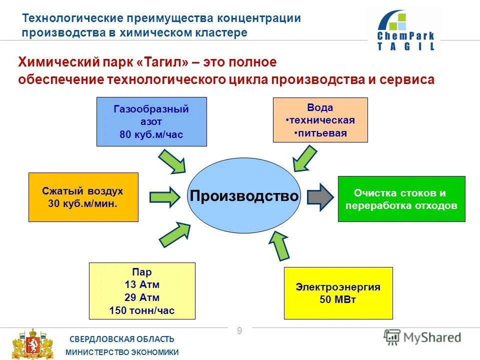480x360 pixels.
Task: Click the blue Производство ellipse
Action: click(243, 195)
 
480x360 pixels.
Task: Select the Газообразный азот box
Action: click(151, 121)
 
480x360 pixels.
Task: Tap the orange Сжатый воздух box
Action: click(83, 197)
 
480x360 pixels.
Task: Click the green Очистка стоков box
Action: click(401, 198)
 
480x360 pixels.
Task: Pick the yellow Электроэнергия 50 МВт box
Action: click(338, 293)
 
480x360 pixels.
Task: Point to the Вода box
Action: click(320, 120)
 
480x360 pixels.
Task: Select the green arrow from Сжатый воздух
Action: click(164, 196)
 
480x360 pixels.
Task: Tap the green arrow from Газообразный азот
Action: click(172, 162)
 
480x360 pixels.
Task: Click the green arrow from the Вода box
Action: click(305, 159)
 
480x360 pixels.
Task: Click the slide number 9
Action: click(239, 330)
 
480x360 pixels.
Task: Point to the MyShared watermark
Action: click(423, 337)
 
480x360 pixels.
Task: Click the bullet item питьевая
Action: click(320, 133)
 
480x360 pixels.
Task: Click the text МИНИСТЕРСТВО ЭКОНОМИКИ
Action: click(122, 352)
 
